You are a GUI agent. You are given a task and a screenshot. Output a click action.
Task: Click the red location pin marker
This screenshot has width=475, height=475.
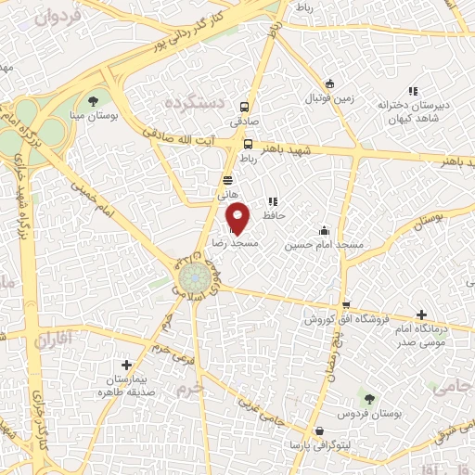(238, 218)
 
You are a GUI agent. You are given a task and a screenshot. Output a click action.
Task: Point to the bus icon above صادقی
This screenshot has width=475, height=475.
(245, 107)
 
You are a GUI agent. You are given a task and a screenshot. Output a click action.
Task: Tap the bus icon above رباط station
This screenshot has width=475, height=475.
(248, 144)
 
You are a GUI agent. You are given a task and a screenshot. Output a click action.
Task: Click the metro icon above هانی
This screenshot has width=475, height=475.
(228, 181)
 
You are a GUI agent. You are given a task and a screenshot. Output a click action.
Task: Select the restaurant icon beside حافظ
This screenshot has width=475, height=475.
(272, 200)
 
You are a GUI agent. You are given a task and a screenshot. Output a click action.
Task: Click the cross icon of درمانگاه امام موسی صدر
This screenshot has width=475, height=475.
(423, 315)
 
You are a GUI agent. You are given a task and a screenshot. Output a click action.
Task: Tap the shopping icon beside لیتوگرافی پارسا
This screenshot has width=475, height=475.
(320, 431)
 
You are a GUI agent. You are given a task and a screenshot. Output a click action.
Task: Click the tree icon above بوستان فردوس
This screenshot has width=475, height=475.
(368, 397)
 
